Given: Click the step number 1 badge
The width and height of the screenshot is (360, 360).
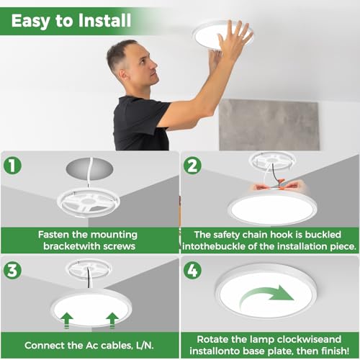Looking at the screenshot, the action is point(12,166).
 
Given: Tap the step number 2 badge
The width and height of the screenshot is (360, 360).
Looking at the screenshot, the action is point(192,166).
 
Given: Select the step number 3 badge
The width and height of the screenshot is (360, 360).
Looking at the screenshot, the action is point(12,271).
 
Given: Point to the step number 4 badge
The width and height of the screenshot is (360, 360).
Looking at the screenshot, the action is point(192,271).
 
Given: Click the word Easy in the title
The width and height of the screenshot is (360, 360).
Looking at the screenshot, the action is point(31,22).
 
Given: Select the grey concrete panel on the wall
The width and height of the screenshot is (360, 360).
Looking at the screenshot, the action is point(269,125).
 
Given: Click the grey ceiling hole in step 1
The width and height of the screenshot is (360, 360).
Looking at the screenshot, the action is point(89,168).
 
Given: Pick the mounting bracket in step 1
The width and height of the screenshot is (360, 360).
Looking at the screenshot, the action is point(89,203).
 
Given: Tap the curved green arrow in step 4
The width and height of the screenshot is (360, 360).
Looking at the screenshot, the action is point(266,297).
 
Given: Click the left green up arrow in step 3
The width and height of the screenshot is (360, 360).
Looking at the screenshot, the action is point(67,320).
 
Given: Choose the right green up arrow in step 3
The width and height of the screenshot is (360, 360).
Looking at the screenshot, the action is point(112,320).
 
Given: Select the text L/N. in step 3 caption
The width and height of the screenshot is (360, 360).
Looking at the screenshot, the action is point(145,346).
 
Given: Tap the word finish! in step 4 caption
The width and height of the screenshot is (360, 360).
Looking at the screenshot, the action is point(336,351).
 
